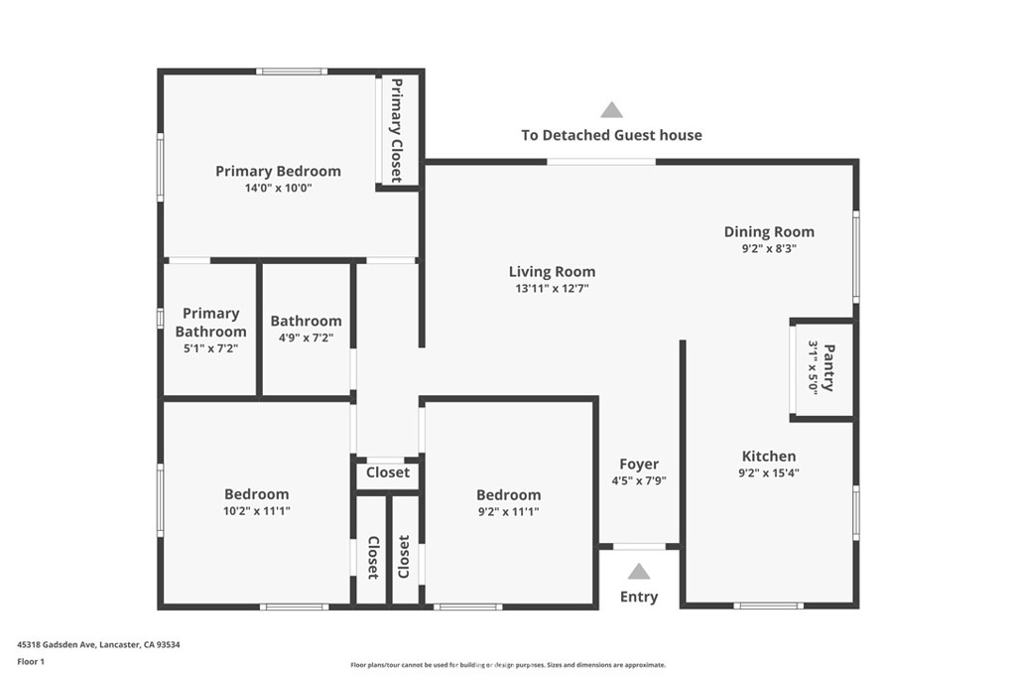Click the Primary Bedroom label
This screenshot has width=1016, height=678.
click(278, 171)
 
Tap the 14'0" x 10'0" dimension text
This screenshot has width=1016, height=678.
click(278, 188)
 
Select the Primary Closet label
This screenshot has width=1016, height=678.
click(397, 130)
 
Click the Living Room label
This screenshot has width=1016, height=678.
click(552, 272)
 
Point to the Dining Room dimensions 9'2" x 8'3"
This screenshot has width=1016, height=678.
click(769, 248)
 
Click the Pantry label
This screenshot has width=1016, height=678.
click(828, 367)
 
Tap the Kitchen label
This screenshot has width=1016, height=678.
click(769, 456)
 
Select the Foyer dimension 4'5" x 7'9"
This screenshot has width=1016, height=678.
click(639, 480)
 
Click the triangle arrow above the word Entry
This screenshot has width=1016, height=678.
click(639, 571)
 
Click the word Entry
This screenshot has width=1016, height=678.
click(639, 597)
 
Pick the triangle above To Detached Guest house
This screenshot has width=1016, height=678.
click(611, 109)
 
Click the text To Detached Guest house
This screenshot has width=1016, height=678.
click(611, 135)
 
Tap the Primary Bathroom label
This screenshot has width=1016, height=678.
click(210, 323)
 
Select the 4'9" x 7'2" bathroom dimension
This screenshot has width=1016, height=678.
click(306, 338)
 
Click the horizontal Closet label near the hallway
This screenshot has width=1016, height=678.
click(388, 473)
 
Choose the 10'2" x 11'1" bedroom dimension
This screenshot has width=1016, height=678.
click(257, 511)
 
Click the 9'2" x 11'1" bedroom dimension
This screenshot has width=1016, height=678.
click(509, 511)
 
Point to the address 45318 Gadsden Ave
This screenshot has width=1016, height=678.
click(57, 645)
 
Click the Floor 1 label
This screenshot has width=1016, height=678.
click(31, 662)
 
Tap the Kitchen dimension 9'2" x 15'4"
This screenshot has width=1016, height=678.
click(769, 474)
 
